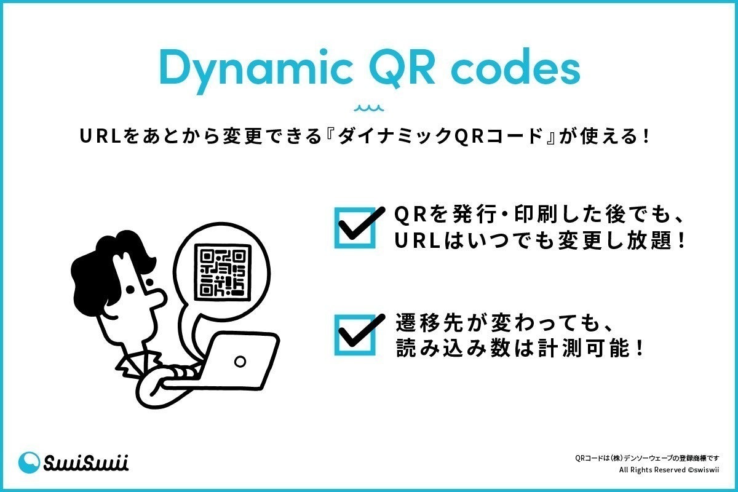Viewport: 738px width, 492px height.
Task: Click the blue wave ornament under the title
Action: [x=369, y=109]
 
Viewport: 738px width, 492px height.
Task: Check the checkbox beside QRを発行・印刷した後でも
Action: [x=355, y=228]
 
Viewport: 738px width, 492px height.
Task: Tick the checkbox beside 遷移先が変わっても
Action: [x=355, y=335]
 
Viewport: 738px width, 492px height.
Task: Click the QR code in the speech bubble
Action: [x=223, y=272]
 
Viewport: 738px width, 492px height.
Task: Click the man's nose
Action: [x=157, y=298]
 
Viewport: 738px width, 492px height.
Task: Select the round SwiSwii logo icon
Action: [x=30, y=463]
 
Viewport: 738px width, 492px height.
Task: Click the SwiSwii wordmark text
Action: [x=86, y=463]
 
